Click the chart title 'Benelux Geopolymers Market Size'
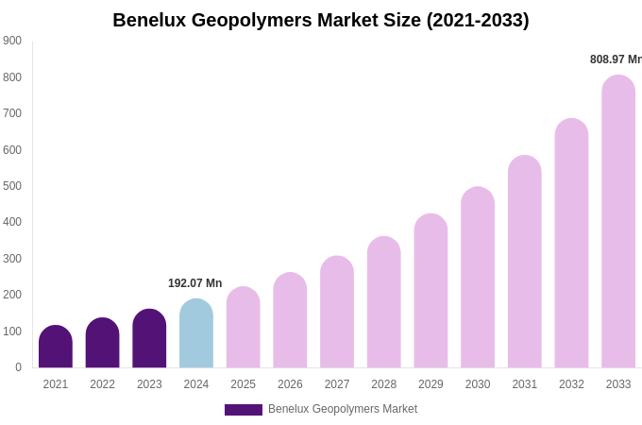(x=320, y=20)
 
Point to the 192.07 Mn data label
(x=194, y=283)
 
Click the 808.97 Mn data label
(x=616, y=59)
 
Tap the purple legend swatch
(x=243, y=410)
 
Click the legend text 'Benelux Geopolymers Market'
(x=343, y=409)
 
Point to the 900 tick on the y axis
(x=12, y=41)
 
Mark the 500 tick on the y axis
(x=12, y=186)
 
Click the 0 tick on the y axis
(x=18, y=367)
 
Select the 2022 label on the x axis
(x=102, y=384)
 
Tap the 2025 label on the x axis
(x=243, y=384)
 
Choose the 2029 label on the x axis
(x=431, y=384)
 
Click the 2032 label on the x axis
(x=571, y=384)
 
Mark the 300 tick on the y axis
(x=12, y=259)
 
